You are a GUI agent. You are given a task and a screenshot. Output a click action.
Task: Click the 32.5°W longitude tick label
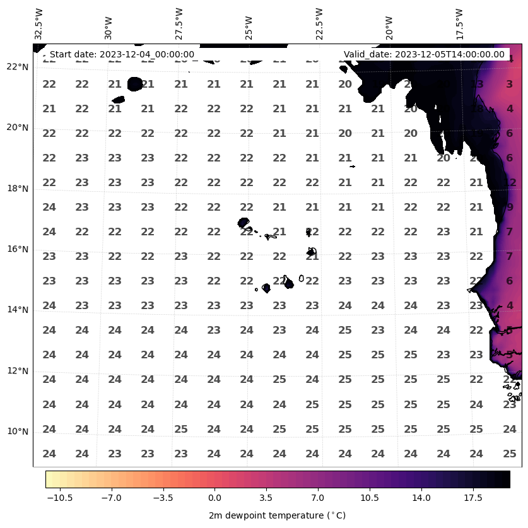pyautogui.click(x=39, y=24)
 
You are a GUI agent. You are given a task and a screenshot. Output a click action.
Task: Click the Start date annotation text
pyautogui.click(x=122, y=54)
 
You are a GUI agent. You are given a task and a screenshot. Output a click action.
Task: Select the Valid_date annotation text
pyautogui.click(x=424, y=54)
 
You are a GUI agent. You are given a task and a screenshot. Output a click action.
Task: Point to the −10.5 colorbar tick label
pyautogui.click(x=59, y=498)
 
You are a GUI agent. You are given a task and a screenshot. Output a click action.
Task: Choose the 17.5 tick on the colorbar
pyautogui.click(x=473, y=498)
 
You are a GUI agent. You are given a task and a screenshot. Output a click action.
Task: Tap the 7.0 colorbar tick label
pyautogui.click(x=317, y=498)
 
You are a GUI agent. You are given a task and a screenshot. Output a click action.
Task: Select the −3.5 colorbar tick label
pyautogui.click(x=162, y=498)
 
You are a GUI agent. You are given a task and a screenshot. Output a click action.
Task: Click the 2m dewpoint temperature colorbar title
pyautogui.click(x=277, y=515)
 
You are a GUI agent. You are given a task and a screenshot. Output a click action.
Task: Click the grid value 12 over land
pyautogui.click(x=510, y=182)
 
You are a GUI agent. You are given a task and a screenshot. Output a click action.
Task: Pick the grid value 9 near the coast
pyautogui.click(x=510, y=207)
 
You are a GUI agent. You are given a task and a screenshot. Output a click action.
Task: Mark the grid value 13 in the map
pyautogui.click(x=476, y=84)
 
